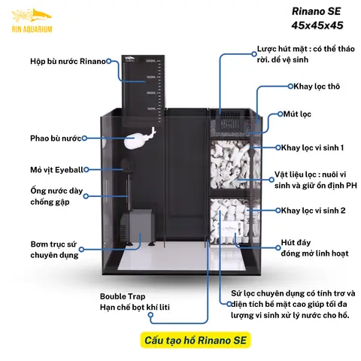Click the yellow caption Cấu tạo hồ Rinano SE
click(x=194, y=341)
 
